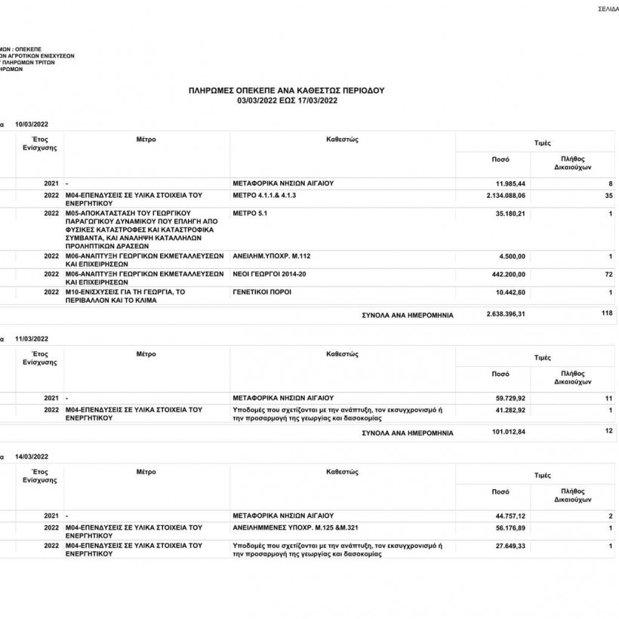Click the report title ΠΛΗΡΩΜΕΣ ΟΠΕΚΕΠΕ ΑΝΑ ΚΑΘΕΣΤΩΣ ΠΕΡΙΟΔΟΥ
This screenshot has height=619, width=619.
click(x=286, y=90)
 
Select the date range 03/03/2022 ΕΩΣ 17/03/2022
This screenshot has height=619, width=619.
click(x=286, y=99)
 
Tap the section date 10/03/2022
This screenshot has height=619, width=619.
click(x=32, y=123)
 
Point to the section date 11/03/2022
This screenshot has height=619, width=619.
click(x=32, y=339)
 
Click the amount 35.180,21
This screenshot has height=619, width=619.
click(x=509, y=214)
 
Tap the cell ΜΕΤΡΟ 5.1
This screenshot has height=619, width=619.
click(x=251, y=214)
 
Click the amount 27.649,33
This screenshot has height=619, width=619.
click(x=509, y=544)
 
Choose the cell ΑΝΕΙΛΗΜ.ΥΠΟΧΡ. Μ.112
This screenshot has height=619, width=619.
click(x=273, y=256)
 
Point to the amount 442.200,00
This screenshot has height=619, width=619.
click(x=507, y=273)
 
